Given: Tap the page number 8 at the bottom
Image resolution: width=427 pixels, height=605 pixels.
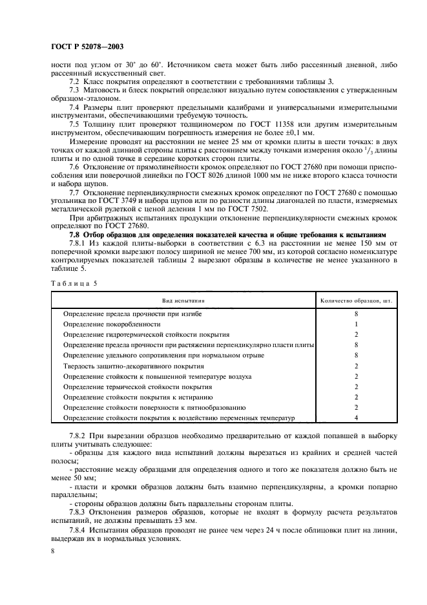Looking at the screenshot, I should (53, 550).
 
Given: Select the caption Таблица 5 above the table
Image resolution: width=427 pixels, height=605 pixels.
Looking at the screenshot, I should (69, 284).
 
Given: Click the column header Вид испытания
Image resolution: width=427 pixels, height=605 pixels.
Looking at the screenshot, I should (183, 301).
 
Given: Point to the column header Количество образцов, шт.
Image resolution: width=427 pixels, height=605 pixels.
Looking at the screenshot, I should (356, 301).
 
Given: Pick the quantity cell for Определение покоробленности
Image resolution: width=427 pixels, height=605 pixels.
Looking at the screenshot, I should (356, 324).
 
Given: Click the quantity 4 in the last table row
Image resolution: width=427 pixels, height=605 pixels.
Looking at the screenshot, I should (356, 418).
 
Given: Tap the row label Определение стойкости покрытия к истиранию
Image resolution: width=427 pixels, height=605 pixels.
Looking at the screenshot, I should (138, 397).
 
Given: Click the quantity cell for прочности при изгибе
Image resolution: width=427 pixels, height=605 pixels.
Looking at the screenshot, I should (356, 313).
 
